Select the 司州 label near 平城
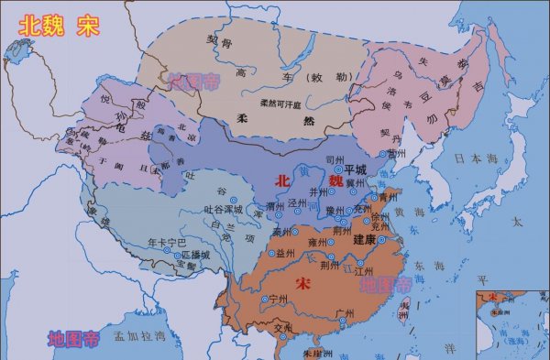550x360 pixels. pos(334,159)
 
